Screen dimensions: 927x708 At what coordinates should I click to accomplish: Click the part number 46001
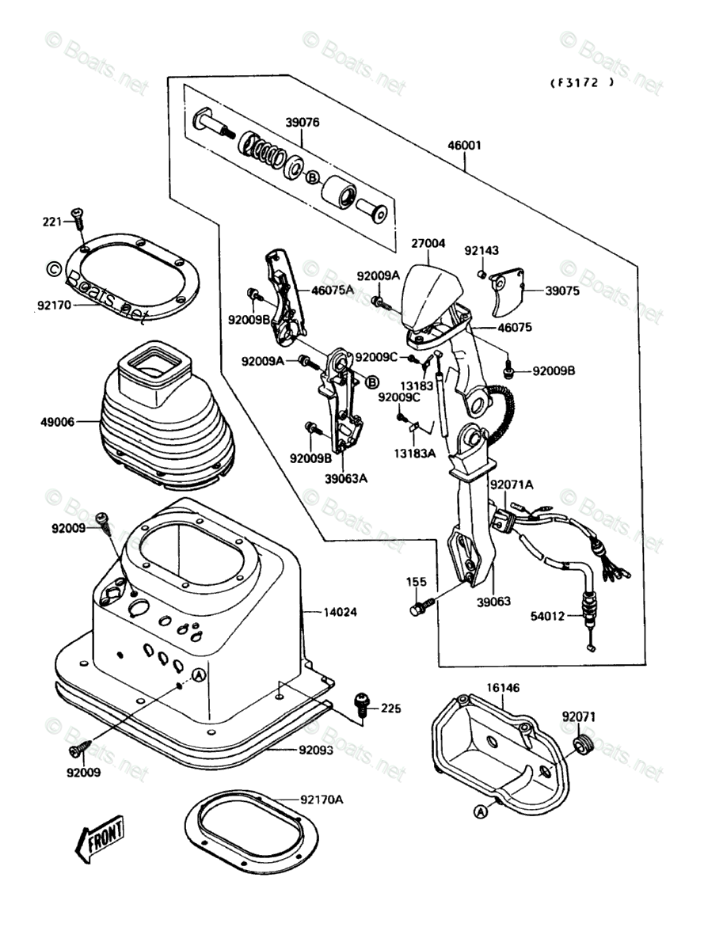(x=465, y=146)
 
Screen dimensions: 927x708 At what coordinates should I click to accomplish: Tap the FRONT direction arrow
(x=99, y=839)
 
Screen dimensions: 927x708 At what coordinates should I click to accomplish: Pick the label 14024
(x=341, y=612)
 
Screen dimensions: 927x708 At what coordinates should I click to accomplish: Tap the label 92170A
(x=322, y=800)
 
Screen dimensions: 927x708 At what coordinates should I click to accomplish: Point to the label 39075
(x=561, y=291)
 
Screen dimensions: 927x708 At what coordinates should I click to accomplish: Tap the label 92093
(x=316, y=750)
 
